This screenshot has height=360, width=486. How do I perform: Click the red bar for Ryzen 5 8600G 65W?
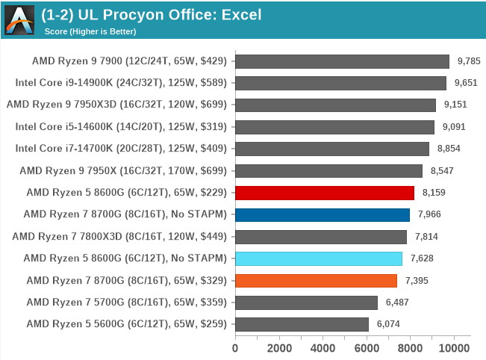click(x=324, y=193)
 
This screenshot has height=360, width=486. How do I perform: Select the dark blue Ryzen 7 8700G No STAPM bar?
click(x=322, y=215)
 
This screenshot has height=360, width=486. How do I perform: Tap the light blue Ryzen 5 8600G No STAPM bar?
click(x=318, y=258)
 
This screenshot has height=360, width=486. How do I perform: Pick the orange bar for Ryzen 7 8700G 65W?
click(x=316, y=281)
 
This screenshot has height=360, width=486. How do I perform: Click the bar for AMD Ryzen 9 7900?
click(x=342, y=61)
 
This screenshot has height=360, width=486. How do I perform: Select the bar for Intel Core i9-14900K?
click(x=340, y=83)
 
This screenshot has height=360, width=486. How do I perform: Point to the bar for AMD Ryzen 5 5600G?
click(x=302, y=324)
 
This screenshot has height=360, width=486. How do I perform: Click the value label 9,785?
click(x=470, y=61)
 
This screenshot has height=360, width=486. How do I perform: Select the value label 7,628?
click(x=423, y=258)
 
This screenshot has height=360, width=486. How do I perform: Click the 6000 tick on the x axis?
click(x=367, y=348)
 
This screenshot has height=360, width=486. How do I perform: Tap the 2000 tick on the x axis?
click(x=279, y=348)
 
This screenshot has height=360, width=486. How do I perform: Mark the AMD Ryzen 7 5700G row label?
click(x=126, y=302)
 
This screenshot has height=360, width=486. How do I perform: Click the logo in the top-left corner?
click(x=19, y=19)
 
